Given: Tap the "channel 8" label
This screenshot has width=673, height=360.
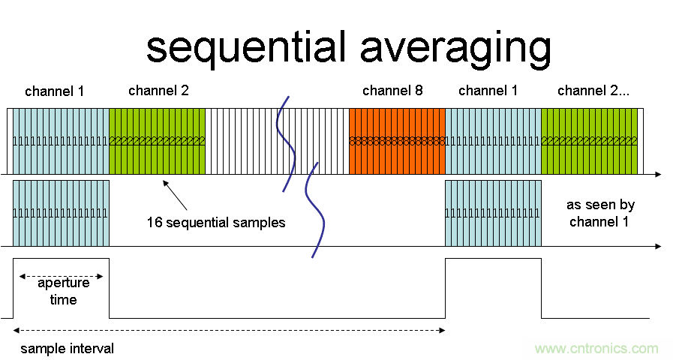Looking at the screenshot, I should click(392, 91).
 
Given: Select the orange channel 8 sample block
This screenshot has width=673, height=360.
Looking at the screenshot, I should click(397, 140).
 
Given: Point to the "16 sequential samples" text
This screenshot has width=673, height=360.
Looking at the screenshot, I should click(216, 223).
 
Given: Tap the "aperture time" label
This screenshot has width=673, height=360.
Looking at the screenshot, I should click(63, 291).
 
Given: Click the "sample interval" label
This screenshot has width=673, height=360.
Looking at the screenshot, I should click(68, 349).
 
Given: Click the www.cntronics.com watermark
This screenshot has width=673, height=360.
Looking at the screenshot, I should click(596, 349).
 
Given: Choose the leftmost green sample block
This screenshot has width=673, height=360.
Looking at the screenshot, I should click(157, 140).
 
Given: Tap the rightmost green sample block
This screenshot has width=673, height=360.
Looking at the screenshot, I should click(589, 140).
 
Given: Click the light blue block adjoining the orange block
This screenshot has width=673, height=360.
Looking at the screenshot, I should click(493, 140).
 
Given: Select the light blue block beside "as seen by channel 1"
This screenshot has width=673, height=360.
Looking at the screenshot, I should click(493, 213).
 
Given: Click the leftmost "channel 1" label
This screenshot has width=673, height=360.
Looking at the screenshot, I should click(55, 91).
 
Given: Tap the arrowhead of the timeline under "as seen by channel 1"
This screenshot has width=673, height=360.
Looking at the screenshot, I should click(657, 246).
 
